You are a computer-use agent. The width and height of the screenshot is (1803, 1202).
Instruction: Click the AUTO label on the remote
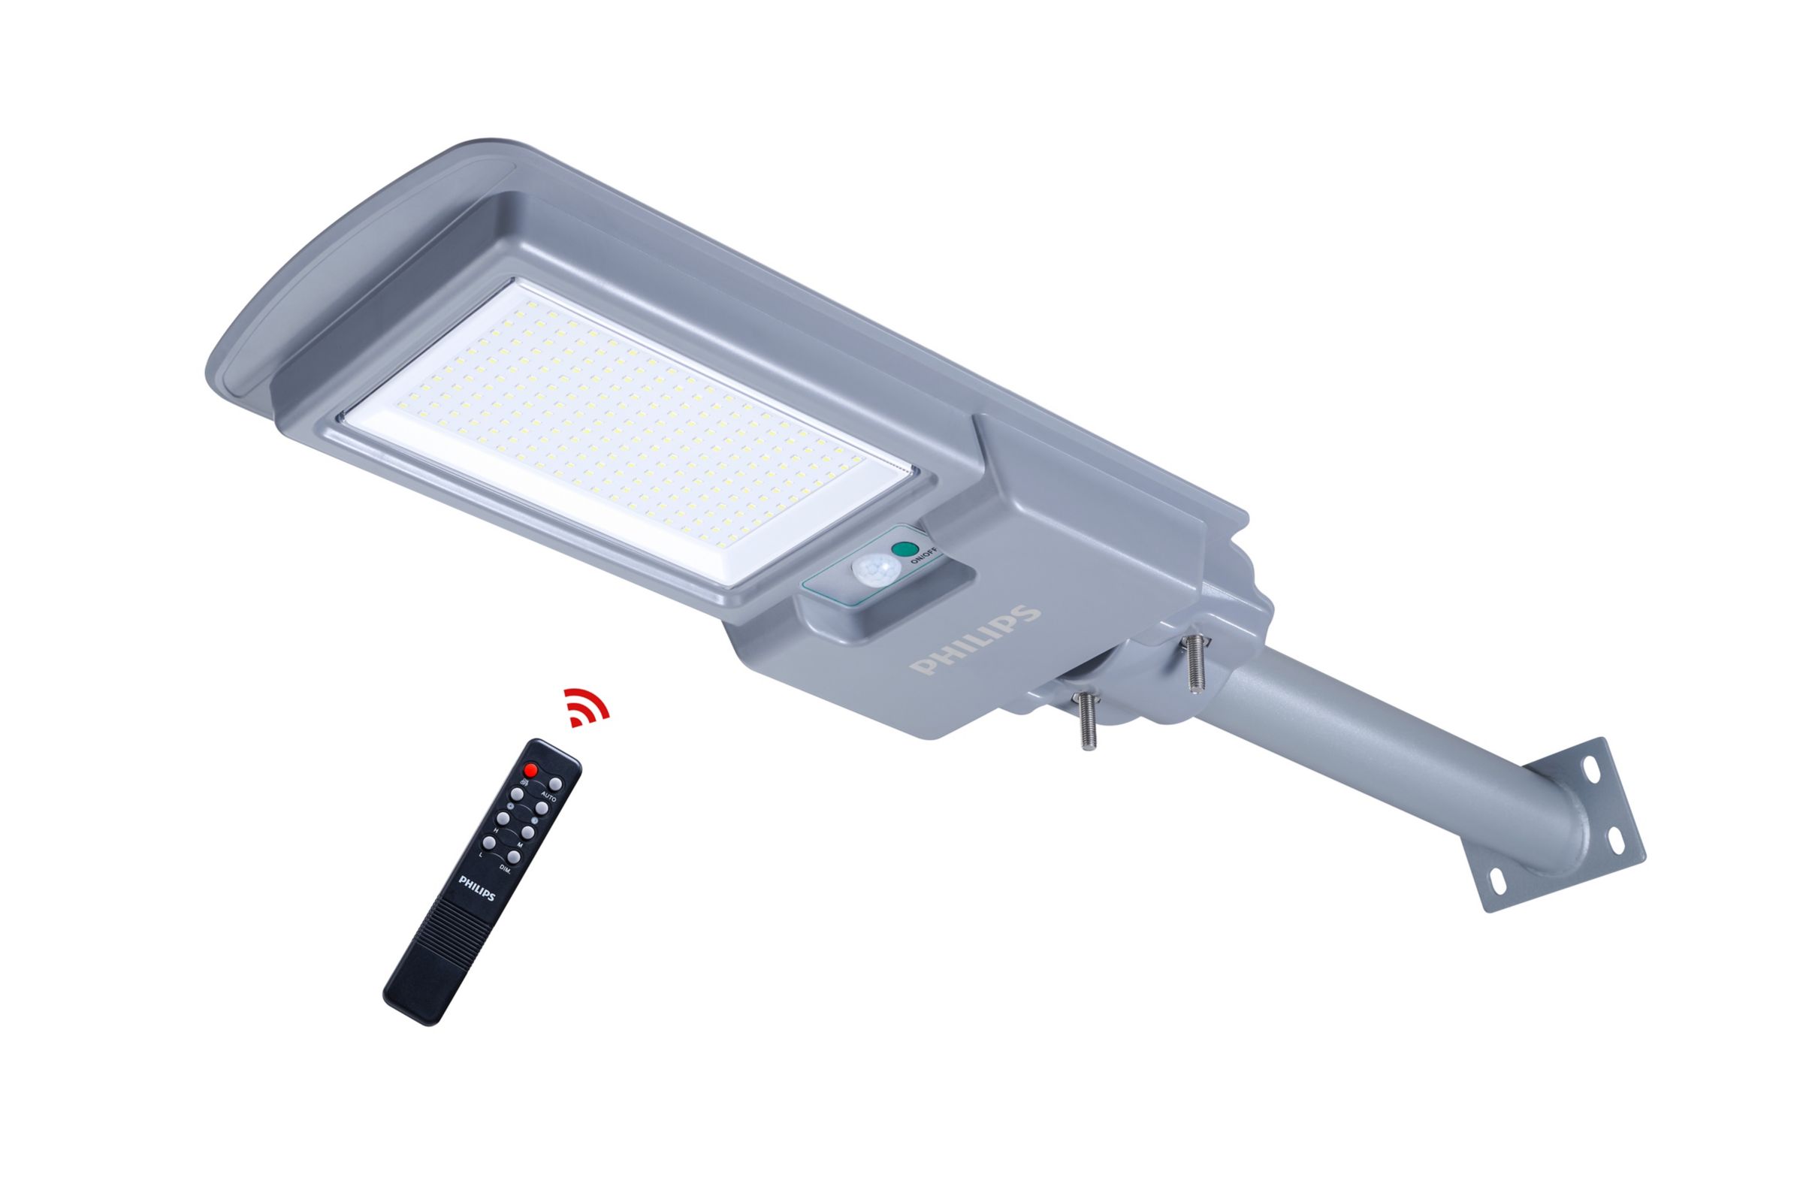pyautogui.click(x=549, y=797)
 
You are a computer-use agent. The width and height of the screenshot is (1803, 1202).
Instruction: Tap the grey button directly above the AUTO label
pyautogui.click(x=557, y=784)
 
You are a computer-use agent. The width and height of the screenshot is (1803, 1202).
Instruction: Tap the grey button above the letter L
pyautogui.click(x=490, y=843)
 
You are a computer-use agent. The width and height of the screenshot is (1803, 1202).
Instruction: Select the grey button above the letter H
pyautogui.click(x=503, y=819)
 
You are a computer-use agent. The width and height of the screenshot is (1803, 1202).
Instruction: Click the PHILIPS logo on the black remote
pyautogui.click(x=476, y=889)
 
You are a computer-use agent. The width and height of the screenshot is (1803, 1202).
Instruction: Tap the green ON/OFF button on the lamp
pyautogui.click(x=905, y=550)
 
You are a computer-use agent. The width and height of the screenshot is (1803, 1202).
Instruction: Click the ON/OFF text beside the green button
pyautogui.click(x=923, y=554)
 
